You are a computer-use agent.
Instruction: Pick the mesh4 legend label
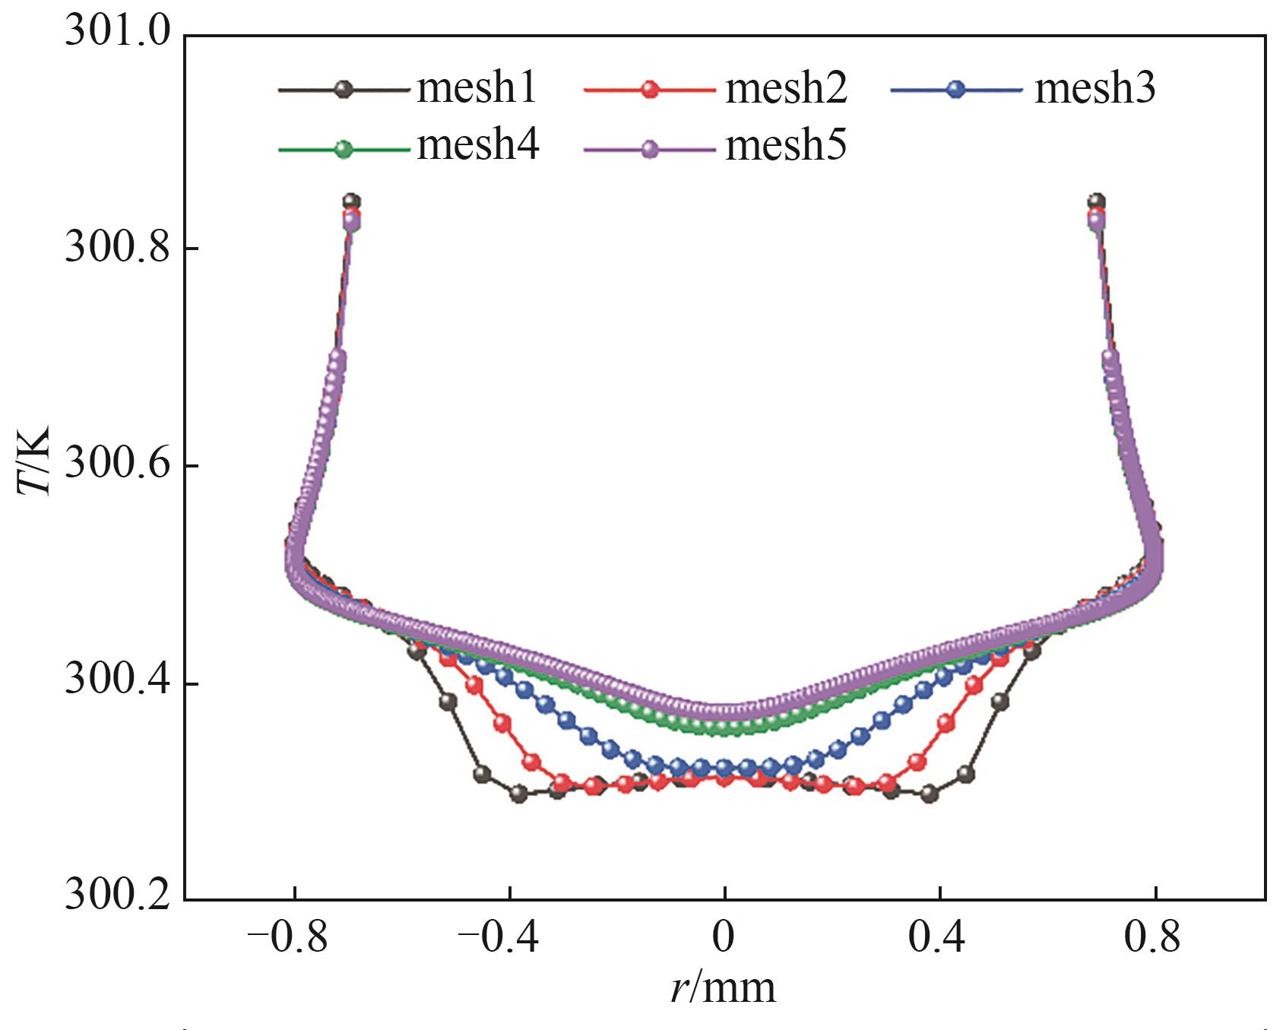(478, 144)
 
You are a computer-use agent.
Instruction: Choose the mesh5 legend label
(786, 144)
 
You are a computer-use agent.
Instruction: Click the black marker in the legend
(344, 89)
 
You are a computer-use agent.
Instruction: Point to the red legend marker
(649, 89)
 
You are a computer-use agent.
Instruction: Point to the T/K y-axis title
(33, 461)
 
